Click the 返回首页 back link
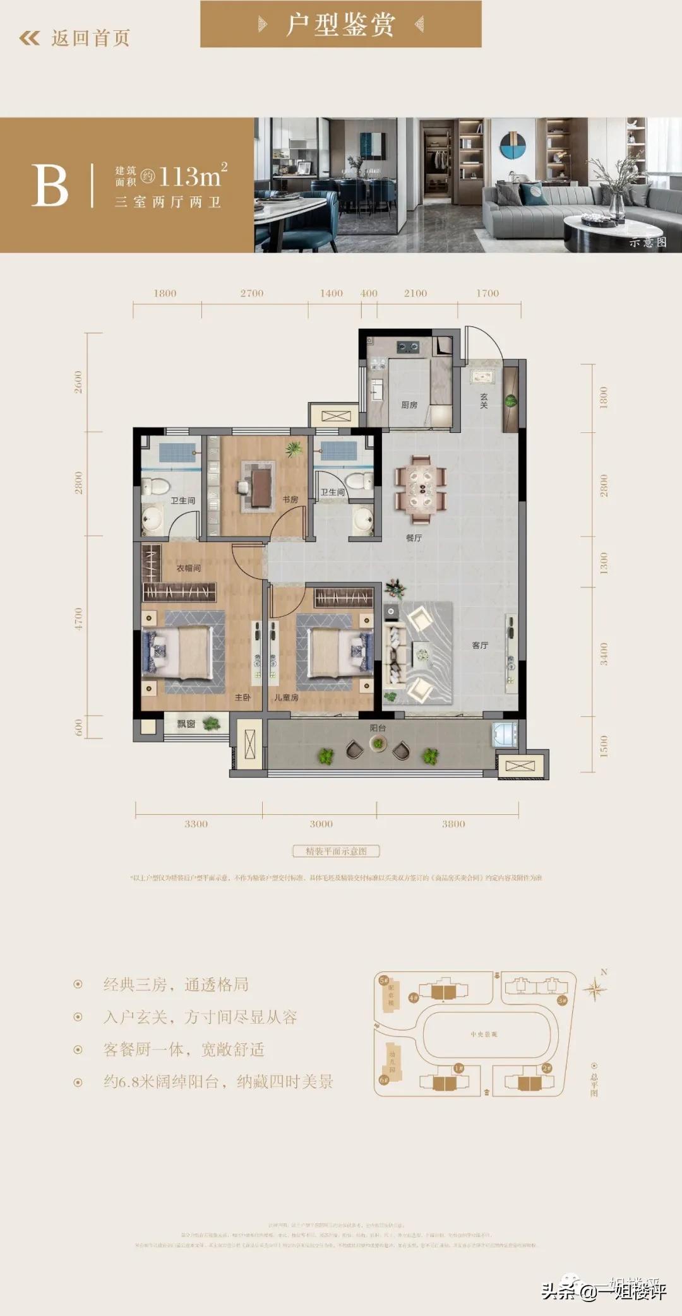click(x=76, y=38)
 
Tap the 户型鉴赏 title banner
click(x=341, y=24)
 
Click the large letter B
click(x=49, y=186)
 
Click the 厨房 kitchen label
click(x=409, y=405)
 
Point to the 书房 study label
click(x=290, y=499)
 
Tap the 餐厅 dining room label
click(x=414, y=538)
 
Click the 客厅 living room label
click(x=480, y=645)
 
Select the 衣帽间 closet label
click(x=188, y=568)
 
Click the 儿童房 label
click(x=286, y=697)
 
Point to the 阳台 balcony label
click(x=378, y=728)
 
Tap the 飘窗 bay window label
click(x=186, y=724)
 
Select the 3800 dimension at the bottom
click(x=453, y=824)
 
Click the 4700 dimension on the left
click(x=78, y=619)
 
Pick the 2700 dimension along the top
click(x=251, y=293)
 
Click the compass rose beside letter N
click(x=594, y=989)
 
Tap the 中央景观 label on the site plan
click(x=484, y=1034)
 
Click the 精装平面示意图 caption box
click(x=336, y=851)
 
